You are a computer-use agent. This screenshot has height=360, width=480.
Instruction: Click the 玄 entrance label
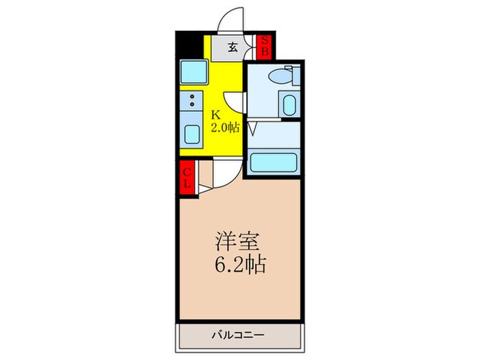pos(233,47)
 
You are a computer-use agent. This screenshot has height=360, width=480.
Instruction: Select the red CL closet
pos(187,177)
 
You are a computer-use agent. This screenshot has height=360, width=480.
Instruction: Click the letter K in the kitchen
pos(214,115)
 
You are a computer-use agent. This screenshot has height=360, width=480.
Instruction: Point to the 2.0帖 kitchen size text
pos(224,127)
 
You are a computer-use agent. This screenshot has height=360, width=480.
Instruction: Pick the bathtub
pos(273,163)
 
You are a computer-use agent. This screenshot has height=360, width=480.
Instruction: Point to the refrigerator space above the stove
pos(191,71)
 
